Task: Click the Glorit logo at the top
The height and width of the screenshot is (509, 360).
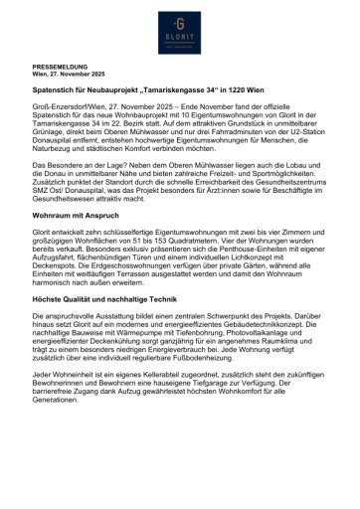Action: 180,33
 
